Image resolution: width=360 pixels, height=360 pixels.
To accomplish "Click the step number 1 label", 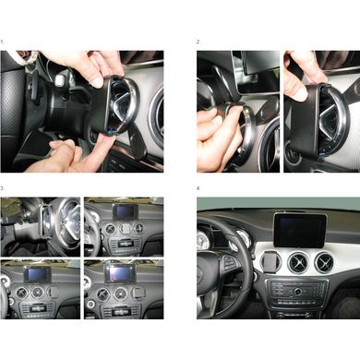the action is click(x=2, y=42).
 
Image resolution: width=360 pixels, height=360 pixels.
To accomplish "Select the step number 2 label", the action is click(x=198, y=42).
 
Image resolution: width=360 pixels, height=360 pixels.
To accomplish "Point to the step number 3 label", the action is click(x=2, y=188).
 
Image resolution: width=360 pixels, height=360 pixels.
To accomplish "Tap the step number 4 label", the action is click(x=198, y=188).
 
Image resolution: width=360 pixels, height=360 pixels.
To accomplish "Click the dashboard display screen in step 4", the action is click(x=300, y=230).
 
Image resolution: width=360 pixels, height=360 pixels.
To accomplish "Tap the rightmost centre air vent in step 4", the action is click(x=324, y=262).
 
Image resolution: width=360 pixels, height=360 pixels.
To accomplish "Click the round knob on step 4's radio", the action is click(x=297, y=291).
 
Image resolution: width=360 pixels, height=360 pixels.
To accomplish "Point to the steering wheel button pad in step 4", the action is click(x=228, y=262).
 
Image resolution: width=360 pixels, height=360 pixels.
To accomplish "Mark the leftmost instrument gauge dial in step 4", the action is click(x=203, y=240).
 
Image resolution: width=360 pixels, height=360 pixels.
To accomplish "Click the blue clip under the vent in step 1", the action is click(x=112, y=132).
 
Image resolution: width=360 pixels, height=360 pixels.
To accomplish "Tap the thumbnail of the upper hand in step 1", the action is click(x=97, y=83).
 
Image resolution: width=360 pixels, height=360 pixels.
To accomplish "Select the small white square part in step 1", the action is click(x=59, y=80).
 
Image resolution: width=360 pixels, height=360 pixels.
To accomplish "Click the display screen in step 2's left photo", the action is click(x=259, y=64).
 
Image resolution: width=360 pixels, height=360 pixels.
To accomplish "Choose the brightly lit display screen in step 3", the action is click(x=118, y=273).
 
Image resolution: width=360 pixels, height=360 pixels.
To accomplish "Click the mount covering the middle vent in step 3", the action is click(x=125, y=229).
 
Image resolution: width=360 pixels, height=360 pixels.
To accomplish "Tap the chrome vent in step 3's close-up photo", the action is click(x=64, y=223).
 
